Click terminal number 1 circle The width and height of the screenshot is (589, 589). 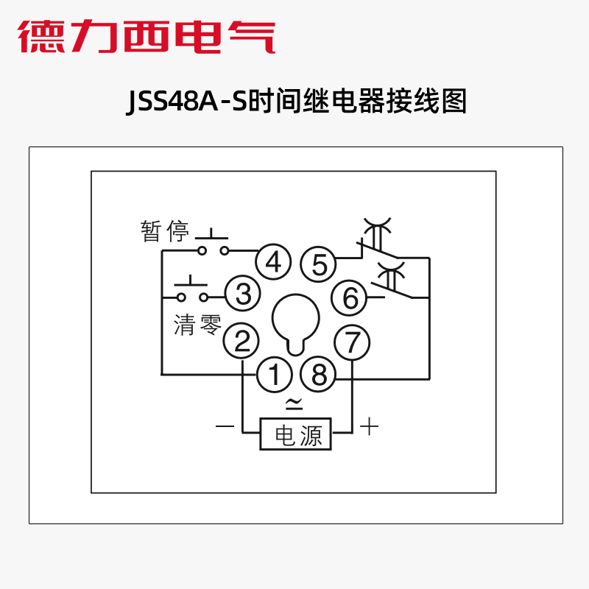274,375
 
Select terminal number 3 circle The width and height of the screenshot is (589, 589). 242,294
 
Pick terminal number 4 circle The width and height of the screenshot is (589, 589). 274,262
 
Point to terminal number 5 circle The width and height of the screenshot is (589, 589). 319,264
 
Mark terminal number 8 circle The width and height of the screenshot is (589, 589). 319,375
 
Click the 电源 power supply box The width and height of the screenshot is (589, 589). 297,434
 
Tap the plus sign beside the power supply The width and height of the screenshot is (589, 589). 369,426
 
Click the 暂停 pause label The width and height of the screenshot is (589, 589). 166,233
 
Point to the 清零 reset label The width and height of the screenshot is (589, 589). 197,324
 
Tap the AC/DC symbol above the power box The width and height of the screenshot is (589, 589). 294,403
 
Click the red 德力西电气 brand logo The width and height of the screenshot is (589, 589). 147,35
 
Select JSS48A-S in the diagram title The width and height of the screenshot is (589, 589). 188,102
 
